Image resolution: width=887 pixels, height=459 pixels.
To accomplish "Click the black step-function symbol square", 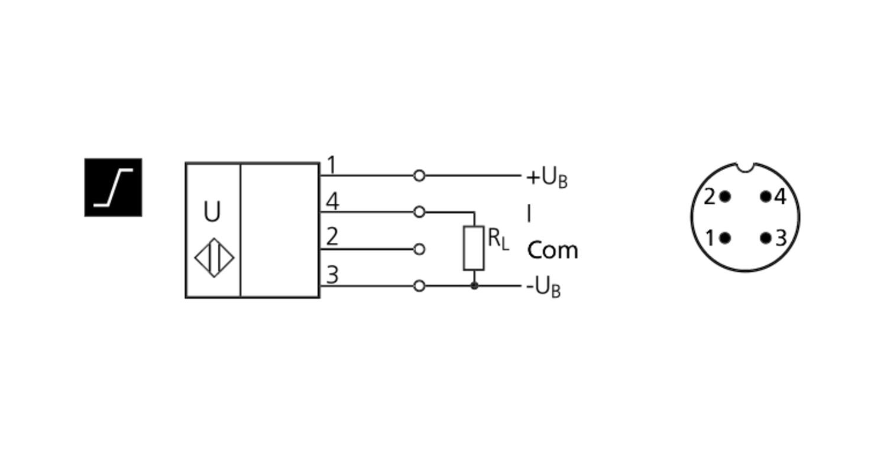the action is coord(114,187).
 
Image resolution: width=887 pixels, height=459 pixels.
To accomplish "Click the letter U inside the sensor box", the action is coord(212,211).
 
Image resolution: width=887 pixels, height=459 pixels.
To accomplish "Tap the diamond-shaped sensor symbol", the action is coord(214,258).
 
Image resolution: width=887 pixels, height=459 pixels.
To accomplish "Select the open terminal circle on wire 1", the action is coord(419,175).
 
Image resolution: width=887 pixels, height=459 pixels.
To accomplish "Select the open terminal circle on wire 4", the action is coord(419,212).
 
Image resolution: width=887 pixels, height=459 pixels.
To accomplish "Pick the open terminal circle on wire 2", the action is coord(419,249).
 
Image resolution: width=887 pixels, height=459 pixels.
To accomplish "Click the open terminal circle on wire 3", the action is coord(419,286).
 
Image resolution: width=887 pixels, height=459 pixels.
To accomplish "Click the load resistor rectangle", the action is coord(474,249).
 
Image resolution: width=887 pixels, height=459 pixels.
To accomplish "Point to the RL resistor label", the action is coord(498,239).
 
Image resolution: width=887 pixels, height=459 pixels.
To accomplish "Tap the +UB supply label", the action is coord(547,178).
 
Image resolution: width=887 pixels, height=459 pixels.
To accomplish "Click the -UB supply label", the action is coord(543,287).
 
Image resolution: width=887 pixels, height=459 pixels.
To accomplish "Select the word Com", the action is coord(553,250).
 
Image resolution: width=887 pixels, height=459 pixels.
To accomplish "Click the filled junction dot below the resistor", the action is coord(474,286).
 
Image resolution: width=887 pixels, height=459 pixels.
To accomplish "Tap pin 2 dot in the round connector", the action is coord(725,196).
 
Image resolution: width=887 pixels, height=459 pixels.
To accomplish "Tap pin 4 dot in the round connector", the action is coord(766,196).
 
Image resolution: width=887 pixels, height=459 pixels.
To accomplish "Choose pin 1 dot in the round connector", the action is coord(725,238).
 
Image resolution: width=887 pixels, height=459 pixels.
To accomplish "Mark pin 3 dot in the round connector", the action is coord(766,238).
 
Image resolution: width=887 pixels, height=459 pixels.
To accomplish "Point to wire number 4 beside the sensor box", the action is coord(332,201).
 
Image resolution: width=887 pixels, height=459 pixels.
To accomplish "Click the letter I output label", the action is coord(529,214).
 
